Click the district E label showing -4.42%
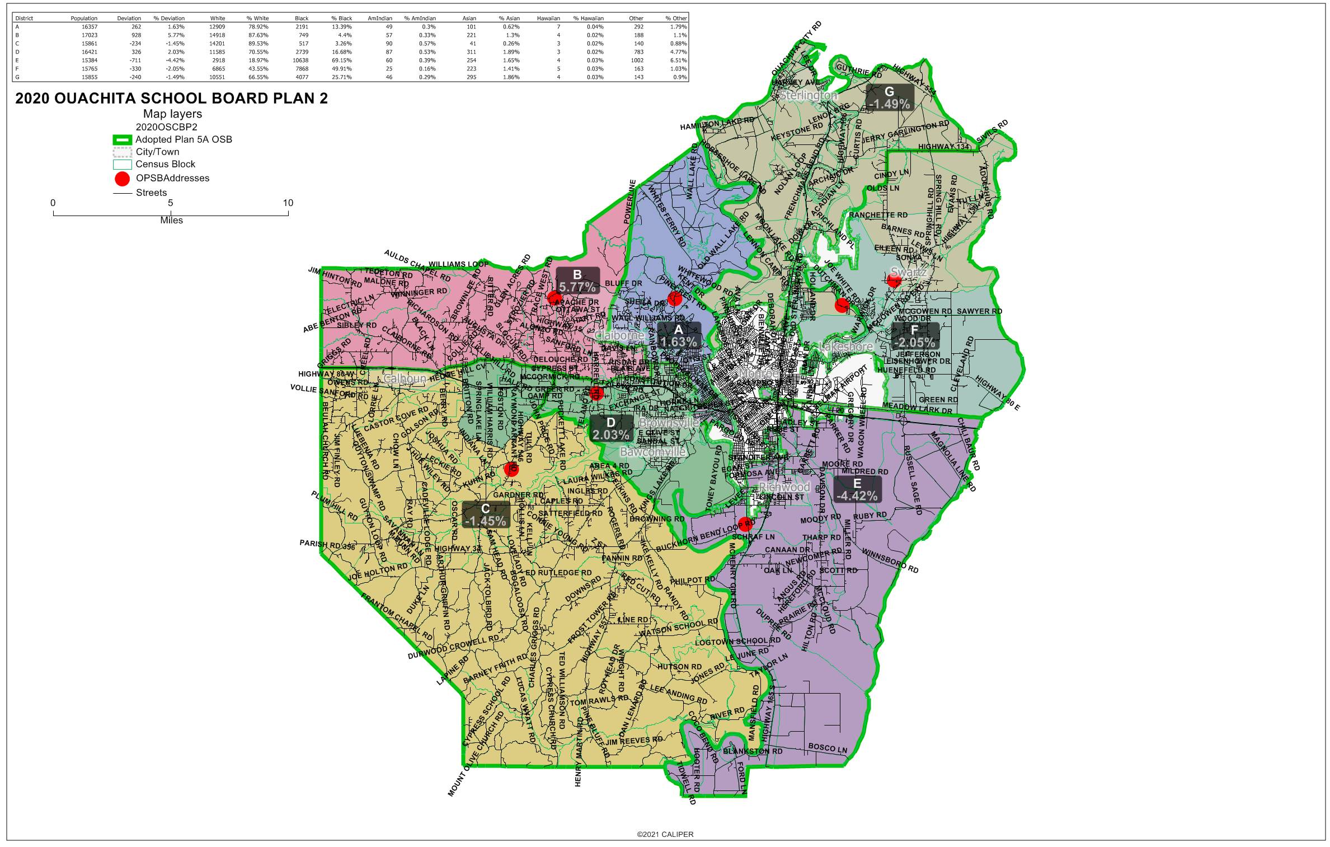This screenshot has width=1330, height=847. (857, 490)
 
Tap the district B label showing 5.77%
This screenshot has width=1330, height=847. (577, 281)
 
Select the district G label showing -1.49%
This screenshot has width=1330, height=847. (889, 98)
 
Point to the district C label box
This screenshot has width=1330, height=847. (486, 515)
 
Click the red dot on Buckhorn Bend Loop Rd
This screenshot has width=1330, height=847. (745, 525)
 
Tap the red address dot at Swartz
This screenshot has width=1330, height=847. (894, 280)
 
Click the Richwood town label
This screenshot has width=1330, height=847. (784, 487)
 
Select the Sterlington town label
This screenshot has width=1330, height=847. (809, 96)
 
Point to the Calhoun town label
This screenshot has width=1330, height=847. (405, 379)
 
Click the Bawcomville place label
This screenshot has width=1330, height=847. (653, 452)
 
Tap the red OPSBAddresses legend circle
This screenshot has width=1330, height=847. (122, 179)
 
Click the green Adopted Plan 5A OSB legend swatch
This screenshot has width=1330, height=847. (122, 140)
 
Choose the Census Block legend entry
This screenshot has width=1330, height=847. (165, 165)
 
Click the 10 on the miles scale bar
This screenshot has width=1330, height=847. (288, 203)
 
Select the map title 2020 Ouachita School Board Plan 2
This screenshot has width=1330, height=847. (171, 99)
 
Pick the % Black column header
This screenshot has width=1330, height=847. (341, 18)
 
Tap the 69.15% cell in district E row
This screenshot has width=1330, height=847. (341, 60)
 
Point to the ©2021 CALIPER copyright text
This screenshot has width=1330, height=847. (665, 834)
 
